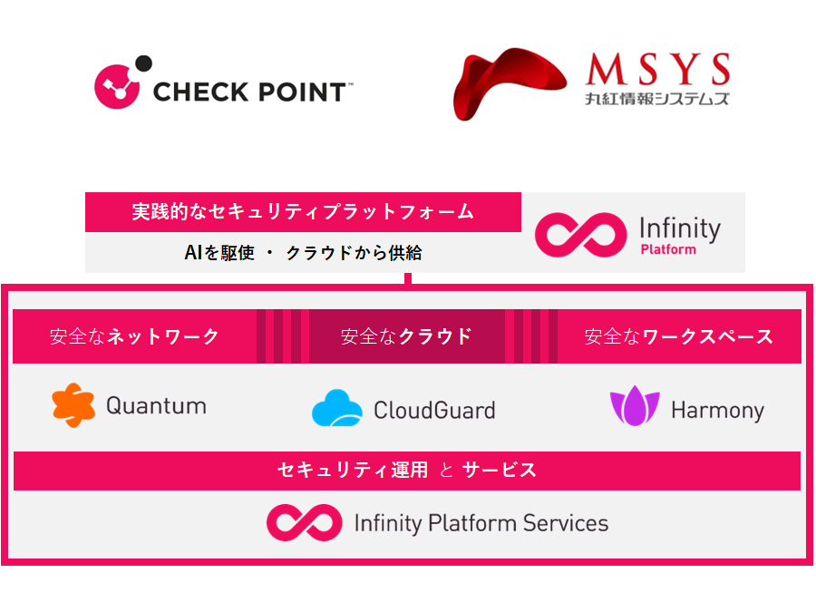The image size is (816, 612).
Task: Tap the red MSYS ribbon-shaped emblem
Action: click(510, 83)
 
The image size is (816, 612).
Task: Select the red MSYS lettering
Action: click(658, 69)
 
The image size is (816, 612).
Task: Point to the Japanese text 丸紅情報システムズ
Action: click(657, 98)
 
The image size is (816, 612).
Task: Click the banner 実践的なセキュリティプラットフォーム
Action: click(303, 212)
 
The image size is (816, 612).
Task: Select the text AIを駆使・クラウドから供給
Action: click(303, 253)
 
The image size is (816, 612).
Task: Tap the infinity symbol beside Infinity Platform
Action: click(581, 235)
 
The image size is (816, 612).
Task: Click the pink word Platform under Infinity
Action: click(668, 249)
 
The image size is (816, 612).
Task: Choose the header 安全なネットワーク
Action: click(134, 336)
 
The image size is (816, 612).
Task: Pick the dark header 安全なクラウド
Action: click(406, 336)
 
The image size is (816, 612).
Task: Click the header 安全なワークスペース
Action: click(679, 336)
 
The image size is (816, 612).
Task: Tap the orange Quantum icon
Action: click(73, 405)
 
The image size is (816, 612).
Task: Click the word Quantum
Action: click(156, 406)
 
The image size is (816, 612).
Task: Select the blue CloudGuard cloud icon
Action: click(336, 408)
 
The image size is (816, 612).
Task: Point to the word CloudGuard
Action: click(434, 410)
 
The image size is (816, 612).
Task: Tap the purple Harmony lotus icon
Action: click(635, 406)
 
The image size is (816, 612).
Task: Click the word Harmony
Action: click(718, 411)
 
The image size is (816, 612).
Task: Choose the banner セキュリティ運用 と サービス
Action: click(407, 471)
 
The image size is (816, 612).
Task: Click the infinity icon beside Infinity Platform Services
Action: click(305, 522)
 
